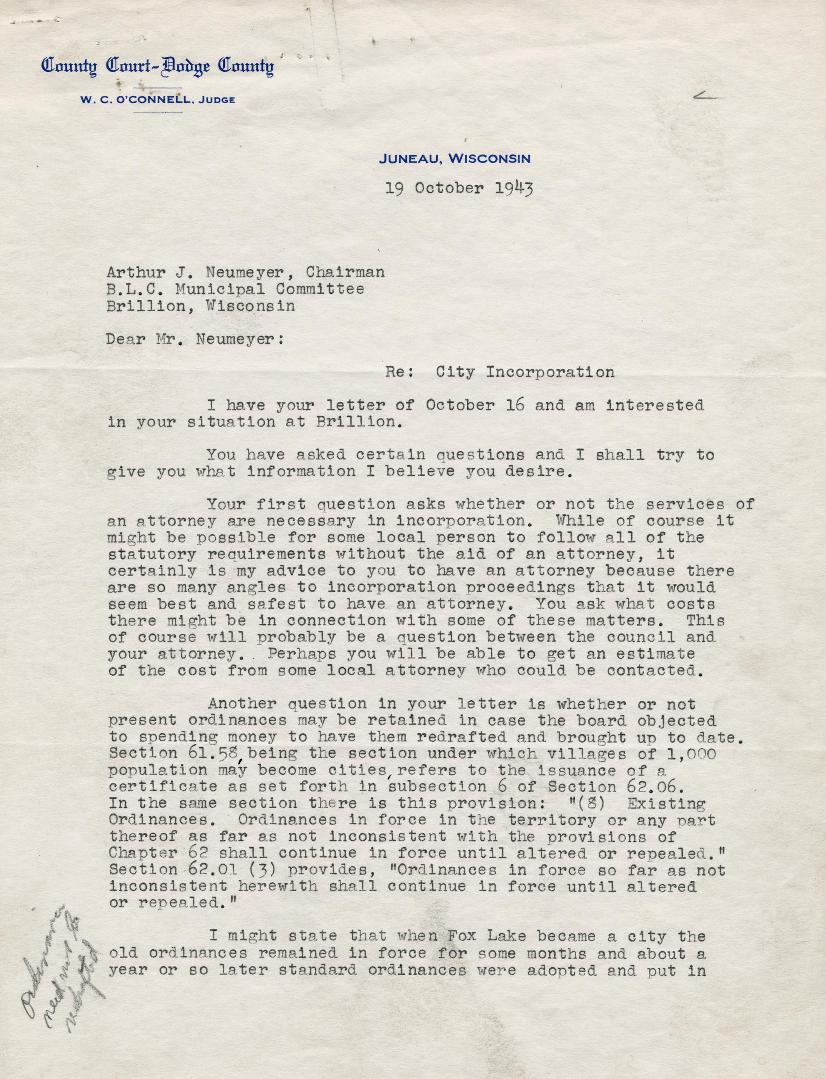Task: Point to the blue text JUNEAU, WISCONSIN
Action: pos(454,159)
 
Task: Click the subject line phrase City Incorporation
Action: pos(525,372)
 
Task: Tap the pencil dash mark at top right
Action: pos(708,99)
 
